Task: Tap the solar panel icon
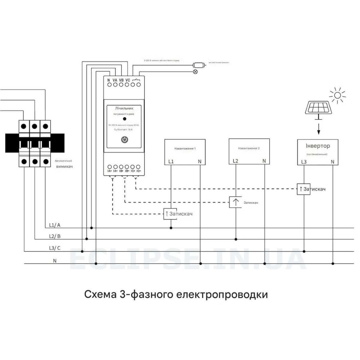tap(319, 107)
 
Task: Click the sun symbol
tap(338, 95)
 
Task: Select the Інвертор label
tap(318, 146)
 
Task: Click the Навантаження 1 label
tap(185, 148)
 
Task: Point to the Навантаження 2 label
tap(249, 148)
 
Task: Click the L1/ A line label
tap(55, 225)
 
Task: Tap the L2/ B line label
tap(55, 236)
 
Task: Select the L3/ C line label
tap(55, 248)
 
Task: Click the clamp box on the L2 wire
tap(236, 202)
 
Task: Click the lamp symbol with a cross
tap(195, 71)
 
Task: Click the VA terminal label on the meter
tap(115, 80)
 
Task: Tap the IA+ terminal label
tap(109, 171)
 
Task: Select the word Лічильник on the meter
tap(124, 108)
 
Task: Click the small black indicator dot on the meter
tap(124, 119)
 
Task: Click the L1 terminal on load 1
tap(171, 162)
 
